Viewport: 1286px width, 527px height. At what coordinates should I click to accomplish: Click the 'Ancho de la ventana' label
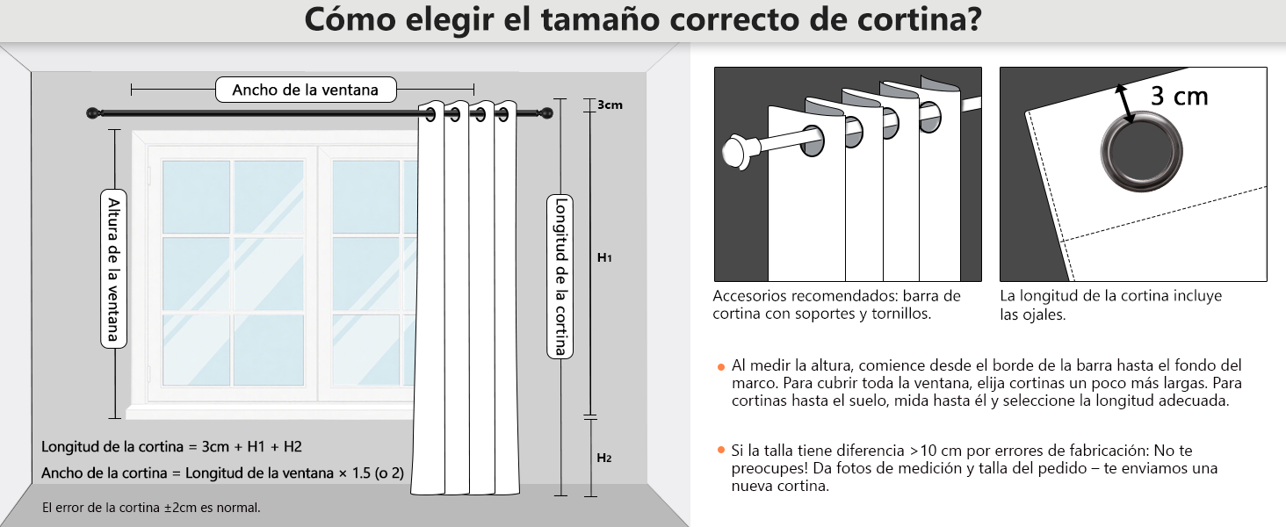[305, 90]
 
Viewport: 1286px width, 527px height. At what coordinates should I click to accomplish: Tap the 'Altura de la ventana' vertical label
[113, 269]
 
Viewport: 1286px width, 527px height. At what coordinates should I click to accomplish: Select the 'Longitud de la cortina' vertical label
[560, 276]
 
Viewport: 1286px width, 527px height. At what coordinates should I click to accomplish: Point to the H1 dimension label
[604, 258]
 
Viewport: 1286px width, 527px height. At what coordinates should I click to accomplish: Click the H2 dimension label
[604, 458]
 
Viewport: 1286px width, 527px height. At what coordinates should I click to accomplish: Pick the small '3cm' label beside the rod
[610, 105]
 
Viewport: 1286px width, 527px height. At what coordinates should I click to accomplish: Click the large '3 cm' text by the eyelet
[1179, 96]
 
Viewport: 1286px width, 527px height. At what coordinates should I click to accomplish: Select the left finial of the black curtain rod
[91, 113]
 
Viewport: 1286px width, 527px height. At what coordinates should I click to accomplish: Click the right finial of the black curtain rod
[547, 113]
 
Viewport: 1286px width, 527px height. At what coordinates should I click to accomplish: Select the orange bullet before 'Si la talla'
[720, 451]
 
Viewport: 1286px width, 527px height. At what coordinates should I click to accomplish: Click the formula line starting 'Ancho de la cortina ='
[222, 473]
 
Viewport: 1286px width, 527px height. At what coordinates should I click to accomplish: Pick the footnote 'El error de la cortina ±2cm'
[151, 508]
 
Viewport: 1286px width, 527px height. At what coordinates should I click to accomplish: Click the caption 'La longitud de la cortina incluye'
[1110, 296]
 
